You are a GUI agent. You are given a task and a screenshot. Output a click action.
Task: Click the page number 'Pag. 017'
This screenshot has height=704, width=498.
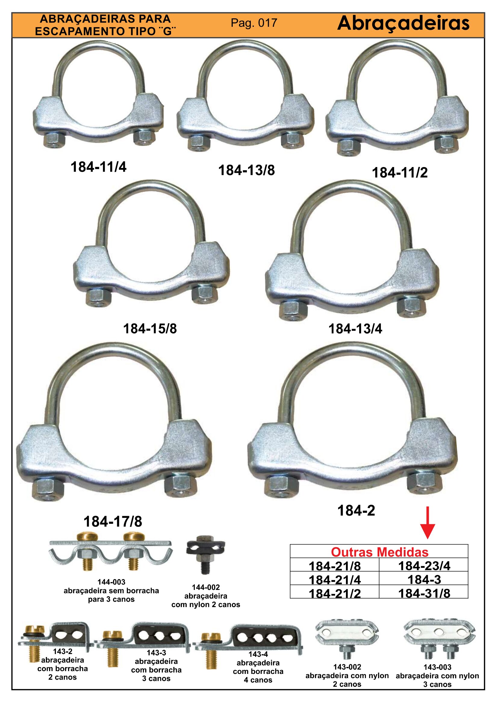pyautogui.click(x=254, y=23)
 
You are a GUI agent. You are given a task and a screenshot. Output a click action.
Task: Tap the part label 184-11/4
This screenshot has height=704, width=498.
pyautogui.click(x=98, y=167)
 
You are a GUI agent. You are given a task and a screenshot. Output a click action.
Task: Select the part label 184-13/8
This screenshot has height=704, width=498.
pyautogui.click(x=247, y=170)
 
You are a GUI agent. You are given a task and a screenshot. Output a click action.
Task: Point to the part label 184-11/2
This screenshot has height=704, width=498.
pyautogui.click(x=400, y=173)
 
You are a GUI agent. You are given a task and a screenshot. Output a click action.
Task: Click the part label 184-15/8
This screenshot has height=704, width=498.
pyautogui.click(x=150, y=329)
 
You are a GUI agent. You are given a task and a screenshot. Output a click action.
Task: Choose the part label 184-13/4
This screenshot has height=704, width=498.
pyautogui.click(x=355, y=329)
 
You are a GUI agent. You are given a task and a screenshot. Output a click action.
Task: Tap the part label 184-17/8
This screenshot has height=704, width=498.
pyautogui.click(x=113, y=522)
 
